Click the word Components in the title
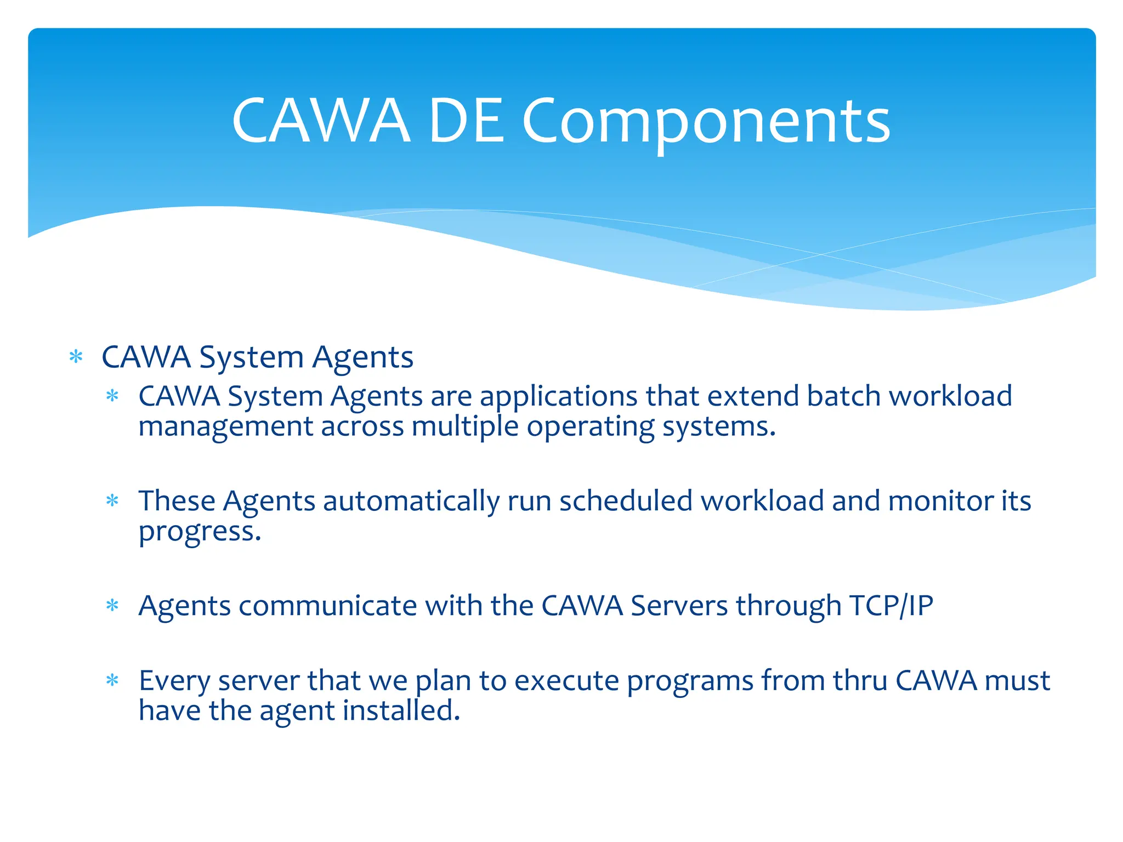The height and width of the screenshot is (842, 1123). (706, 122)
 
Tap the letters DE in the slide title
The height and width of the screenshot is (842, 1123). (466, 122)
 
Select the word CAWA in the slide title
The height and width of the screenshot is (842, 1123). (321, 122)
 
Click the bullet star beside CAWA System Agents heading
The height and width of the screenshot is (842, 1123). (76, 358)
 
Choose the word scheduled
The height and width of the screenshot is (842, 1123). (626, 501)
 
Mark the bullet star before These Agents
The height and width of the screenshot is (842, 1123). (112, 500)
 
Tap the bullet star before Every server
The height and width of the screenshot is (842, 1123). (112, 681)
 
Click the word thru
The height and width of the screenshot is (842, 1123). (860, 681)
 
